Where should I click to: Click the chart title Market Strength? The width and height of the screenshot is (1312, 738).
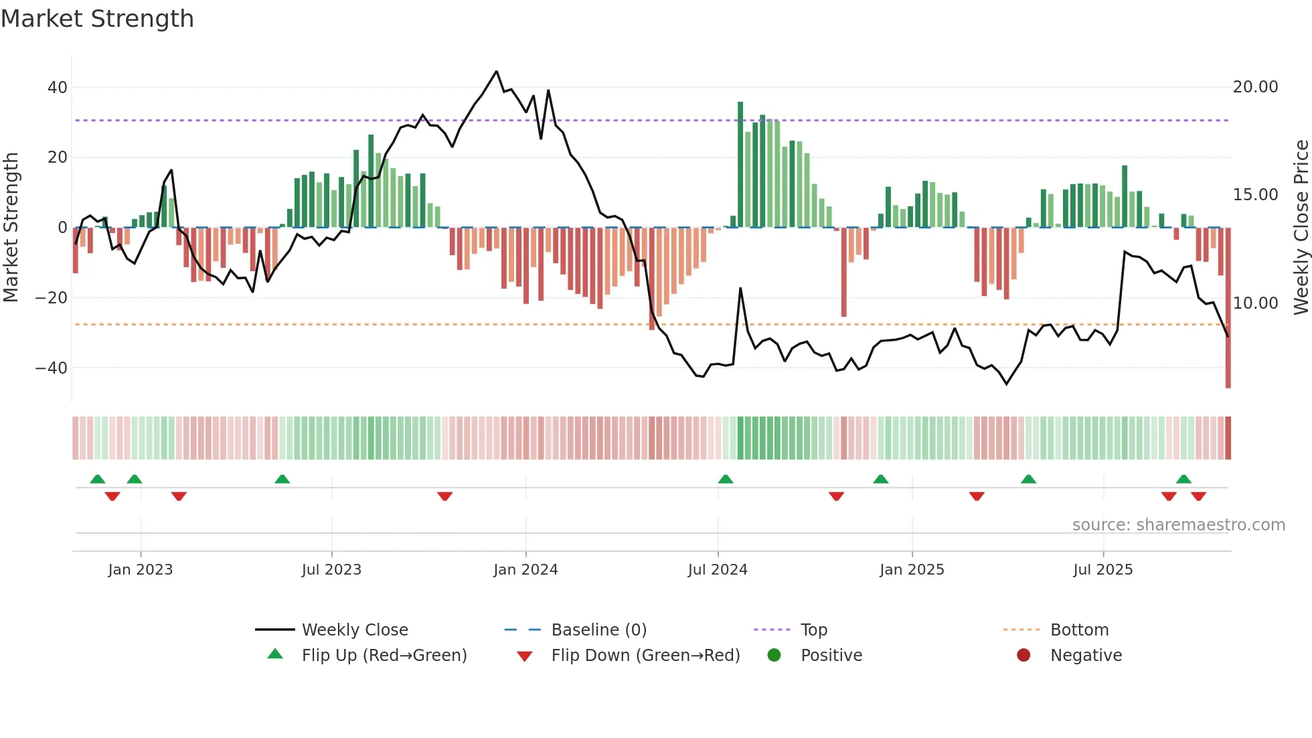tap(97, 19)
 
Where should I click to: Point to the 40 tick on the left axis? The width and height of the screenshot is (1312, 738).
tap(58, 88)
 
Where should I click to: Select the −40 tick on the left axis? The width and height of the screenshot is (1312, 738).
tap(52, 368)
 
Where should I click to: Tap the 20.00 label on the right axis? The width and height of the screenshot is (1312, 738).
tap(1255, 87)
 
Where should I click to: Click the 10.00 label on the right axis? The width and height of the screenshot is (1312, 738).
tap(1255, 303)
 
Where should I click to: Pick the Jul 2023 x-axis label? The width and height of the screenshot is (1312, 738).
tap(331, 570)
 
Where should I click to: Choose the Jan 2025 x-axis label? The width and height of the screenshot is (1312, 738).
tap(912, 570)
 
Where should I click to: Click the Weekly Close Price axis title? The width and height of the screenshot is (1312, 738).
tap(1301, 228)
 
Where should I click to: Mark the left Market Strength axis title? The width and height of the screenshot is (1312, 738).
tap(11, 228)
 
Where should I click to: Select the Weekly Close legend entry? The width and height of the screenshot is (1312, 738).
tap(355, 630)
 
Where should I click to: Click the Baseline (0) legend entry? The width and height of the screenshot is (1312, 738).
tap(598, 630)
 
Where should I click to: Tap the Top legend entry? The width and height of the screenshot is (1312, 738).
tap(814, 630)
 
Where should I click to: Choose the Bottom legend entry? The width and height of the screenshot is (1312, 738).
tap(1079, 630)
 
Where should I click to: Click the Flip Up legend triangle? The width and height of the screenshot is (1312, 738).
tap(275, 654)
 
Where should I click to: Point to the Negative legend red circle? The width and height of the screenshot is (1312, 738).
tap(1023, 655)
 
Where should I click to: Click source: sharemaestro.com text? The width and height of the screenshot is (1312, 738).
tap(1178, 525)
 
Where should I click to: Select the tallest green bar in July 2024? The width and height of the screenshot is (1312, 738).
tap(740, 164)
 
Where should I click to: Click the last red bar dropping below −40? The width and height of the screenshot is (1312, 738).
tap(1228, 308)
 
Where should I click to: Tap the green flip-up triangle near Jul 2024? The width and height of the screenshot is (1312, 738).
tap(726, 479)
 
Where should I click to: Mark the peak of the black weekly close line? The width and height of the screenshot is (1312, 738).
tap(496, 71)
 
